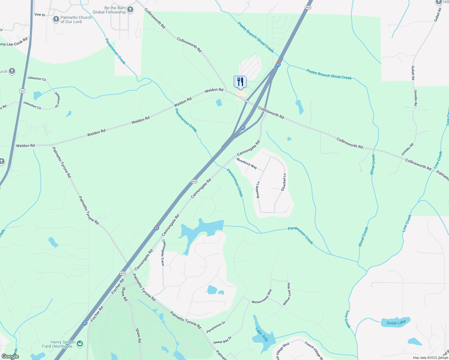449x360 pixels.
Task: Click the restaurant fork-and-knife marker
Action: coord(240,82)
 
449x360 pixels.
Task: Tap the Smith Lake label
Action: coord(396,323)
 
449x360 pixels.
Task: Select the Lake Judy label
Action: coord(262,334)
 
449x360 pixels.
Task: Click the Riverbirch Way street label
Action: coord(247,163)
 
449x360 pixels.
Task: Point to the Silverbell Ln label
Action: coord(283,182)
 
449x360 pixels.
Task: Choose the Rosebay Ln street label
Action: coord(258,190)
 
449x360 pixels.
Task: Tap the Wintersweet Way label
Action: coord(262,296)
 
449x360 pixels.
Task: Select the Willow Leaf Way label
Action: coord(287,294)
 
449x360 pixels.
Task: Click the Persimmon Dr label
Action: coord(216,327)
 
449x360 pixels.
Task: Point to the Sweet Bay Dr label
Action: coord(222,340)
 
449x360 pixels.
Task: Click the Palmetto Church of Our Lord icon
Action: coord(56,19)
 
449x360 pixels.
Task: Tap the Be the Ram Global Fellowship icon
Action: coord(130,10)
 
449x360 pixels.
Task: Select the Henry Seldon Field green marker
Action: coord(80,344)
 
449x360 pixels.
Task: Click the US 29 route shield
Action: coord(22,91)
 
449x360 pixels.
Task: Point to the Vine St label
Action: coord(40,15)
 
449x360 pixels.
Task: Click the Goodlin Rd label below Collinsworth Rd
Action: coord(408,149)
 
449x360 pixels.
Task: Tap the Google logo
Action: coord(10,356)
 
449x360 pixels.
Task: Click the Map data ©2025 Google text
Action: coord(430,358)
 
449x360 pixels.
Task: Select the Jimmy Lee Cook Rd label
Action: coord(14,42)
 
